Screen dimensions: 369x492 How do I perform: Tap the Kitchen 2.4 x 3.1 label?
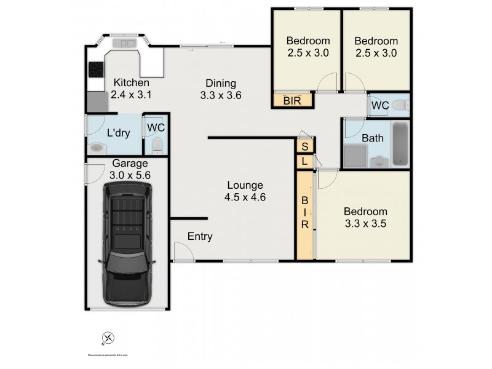pyautogui.click(x=130, y=89)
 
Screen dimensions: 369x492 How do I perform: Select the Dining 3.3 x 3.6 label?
pyautogui.click(x=220, y=90)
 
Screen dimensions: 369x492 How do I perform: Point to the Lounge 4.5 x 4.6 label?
pyautogui.click(x=244, y=191)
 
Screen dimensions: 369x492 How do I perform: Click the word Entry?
pyautogui.click(x=200, y=237)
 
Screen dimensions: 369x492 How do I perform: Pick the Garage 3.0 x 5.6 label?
pyautogui.click(x=130, y=169)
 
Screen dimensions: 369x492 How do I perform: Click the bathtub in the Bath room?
pyautogui.click(x=400, y=145)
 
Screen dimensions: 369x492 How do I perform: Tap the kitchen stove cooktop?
pyautogui.click(x=95, y=69)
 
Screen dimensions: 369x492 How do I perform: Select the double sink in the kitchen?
pyautogui.click(x=128, y=43)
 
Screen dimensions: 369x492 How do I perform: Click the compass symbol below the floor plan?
pyautogui.click(x=108, y=338)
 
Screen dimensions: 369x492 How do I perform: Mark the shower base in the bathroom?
pyautogui.click(x=354, y=156)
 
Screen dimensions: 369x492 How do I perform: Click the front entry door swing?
pyautogui.click(x=183, y=251)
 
